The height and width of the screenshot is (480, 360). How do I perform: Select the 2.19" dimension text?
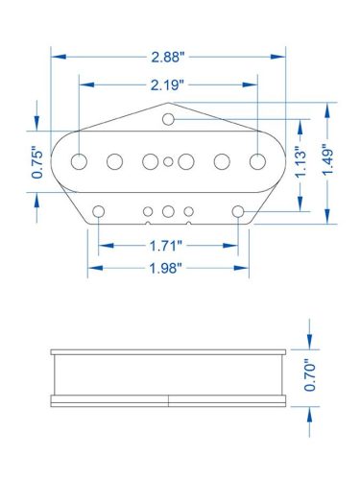169,84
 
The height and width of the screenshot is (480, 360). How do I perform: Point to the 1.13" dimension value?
300,163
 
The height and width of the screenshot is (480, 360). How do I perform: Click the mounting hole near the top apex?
169,119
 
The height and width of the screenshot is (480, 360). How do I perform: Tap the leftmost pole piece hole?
79,160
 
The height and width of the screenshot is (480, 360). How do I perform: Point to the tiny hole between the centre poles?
169,161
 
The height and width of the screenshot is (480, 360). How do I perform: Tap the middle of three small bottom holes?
169,210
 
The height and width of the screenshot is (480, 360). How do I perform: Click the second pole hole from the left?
115,160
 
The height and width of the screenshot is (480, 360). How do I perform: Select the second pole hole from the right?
223,160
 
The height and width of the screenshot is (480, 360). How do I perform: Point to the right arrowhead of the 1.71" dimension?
232,245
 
